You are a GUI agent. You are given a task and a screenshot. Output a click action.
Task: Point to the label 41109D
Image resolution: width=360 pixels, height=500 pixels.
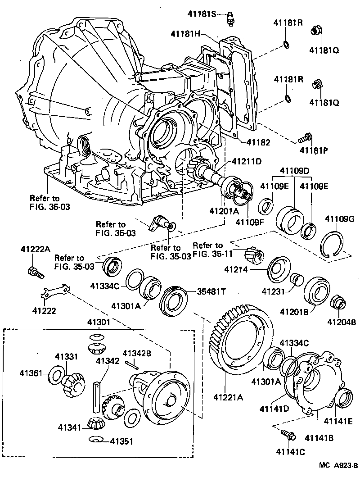295,172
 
